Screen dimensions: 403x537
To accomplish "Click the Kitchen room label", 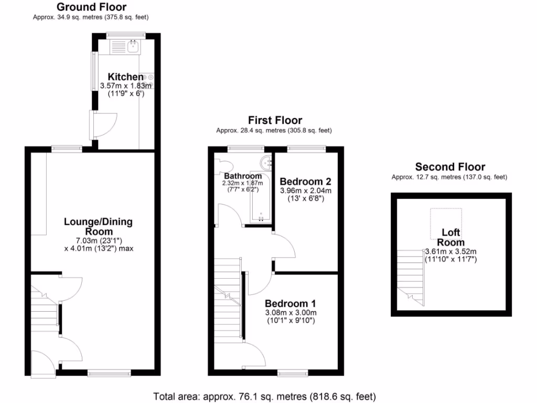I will (125, 77).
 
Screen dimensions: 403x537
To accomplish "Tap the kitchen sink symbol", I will (133, 48).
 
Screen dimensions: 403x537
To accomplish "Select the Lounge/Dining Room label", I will (98, 226).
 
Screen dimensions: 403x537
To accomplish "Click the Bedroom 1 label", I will (290, 303).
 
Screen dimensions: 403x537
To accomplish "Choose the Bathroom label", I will (243, 176).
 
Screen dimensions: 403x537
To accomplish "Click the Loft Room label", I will (450, 237).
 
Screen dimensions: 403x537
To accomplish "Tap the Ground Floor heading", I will (91, 7).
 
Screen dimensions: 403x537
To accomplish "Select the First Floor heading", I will (275, 120).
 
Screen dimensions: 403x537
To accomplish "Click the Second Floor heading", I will (450, 167).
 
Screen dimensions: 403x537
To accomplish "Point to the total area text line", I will (264, 397).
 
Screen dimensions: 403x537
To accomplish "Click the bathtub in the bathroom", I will (261, 205).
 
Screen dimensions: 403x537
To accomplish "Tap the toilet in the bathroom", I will (221, 164).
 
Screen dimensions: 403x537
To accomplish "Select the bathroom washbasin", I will (267, 161).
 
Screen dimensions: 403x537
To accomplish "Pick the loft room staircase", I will (410, 275).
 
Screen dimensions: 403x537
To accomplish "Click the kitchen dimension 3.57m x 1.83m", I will (125, 86).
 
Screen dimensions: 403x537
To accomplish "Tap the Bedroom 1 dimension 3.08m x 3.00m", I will (291, 313).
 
